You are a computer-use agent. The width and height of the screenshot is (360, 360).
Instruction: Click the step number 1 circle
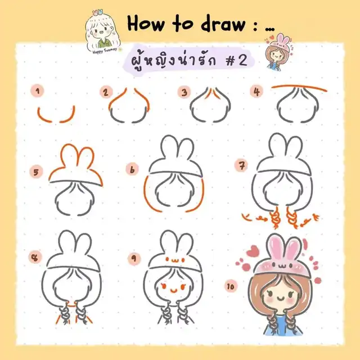pos(37,91)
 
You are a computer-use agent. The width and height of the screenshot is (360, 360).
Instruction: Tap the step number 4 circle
pos(256,91)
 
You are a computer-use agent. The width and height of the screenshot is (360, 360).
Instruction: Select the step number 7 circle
pos(241,165)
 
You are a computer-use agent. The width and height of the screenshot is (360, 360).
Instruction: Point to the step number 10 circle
pos(231,286)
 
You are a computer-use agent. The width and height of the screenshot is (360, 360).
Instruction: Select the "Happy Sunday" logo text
pos(105,51)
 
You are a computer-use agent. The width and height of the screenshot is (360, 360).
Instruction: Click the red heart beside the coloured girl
pos(253,251)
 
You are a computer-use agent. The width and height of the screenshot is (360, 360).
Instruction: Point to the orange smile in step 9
pos(174,291)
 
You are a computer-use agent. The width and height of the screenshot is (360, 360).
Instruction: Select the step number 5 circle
pos(36,172)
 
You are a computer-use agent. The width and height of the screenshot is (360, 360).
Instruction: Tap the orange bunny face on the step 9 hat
pos(175,260)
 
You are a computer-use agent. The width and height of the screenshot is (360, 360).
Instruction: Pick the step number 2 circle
pos(106,92)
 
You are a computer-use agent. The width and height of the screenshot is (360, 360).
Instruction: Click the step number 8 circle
pos(35,256)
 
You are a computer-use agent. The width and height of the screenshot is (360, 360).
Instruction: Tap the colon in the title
pos(254,26)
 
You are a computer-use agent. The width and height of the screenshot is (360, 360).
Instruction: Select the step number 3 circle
pos(184,92)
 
